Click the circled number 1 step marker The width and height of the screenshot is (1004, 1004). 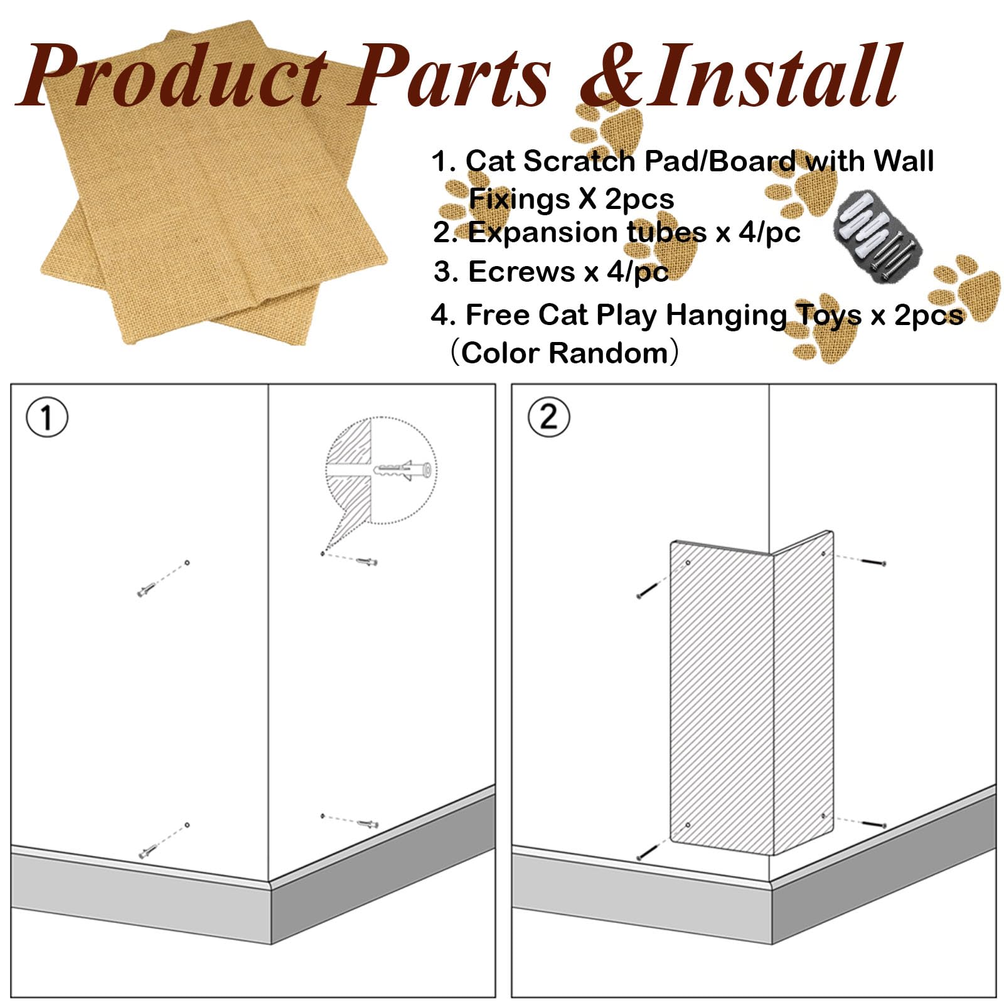point(47,417)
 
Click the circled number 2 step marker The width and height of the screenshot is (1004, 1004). point(548,417)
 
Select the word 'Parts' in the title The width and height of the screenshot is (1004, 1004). point(449,78)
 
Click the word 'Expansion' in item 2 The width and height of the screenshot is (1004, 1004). point(543,233)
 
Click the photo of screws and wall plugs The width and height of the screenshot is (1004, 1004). point(878,237)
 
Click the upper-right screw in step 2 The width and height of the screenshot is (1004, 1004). point(873,562)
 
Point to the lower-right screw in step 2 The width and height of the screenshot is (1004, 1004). point(873,823)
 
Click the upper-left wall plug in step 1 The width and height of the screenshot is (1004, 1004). point(146,590)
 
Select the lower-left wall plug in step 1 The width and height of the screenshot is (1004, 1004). point(147,852)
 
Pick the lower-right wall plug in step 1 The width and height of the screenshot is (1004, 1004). point(368,823)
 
